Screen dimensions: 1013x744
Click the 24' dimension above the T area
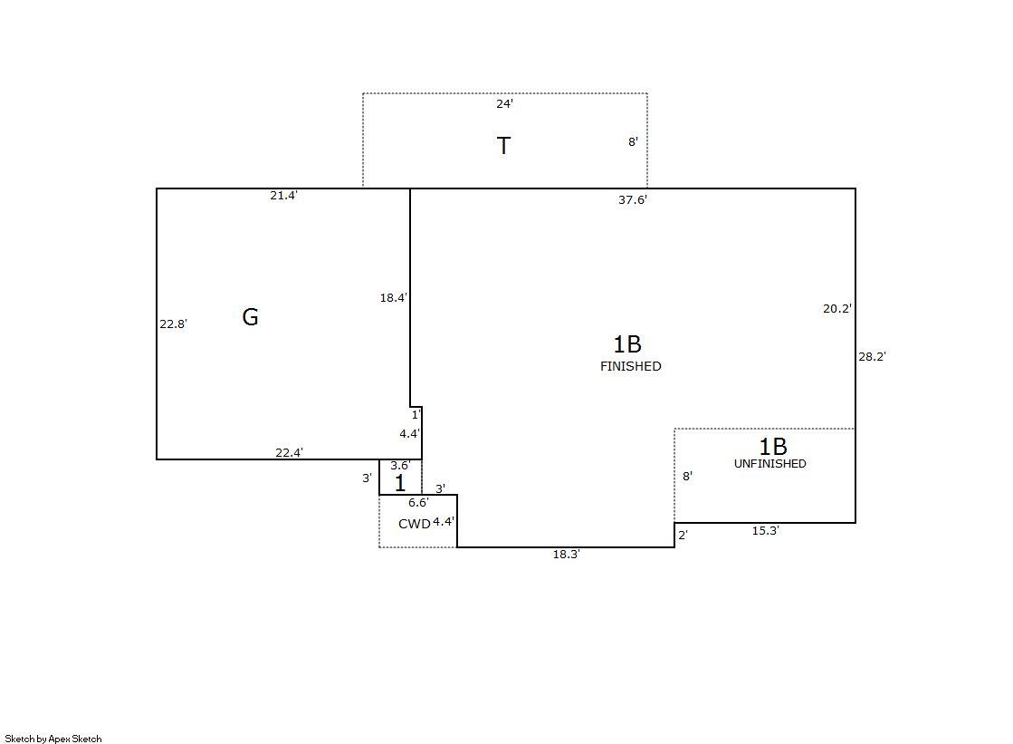tap(504, 103)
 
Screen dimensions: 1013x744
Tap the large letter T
tap(504, 146)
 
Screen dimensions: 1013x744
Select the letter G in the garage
tap(250, 316)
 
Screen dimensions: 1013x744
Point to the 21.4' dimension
tap(283, 196)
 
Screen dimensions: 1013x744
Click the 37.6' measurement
tap(633, 200)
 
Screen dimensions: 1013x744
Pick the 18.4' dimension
tap(394, 297)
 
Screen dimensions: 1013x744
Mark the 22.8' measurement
tap(173, 324)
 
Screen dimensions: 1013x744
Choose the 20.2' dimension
tap(837, 309)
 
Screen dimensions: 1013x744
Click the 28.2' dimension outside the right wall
tap(872, 356)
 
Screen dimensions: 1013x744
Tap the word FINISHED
tap(631, 366)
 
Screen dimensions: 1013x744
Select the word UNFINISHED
tap(770, 464)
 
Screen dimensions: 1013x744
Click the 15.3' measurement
tap(766, 530)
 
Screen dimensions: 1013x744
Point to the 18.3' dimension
tap(567, 555)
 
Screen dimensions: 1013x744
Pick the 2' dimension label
tap(683, 535)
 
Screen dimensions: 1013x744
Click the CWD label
tap(414, 524)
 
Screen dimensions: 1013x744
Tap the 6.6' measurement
tap(418, 503)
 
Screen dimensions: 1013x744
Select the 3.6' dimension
tap(400, 465)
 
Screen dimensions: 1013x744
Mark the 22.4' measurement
tap(290, 453)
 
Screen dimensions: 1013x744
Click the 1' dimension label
tap(416, 415)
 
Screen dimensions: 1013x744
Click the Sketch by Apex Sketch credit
tap(53, 739)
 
